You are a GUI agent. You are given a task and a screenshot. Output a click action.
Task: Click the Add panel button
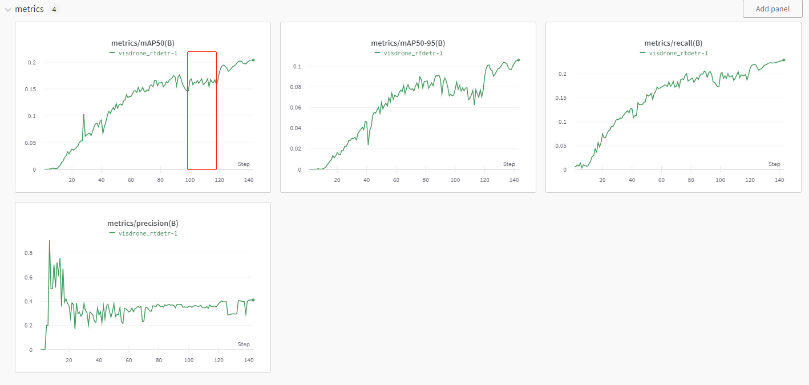pos(772,9)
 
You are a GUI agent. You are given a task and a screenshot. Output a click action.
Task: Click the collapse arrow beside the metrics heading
pos(8,10)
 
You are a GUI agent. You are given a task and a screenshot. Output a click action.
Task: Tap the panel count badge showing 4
pos(54,10)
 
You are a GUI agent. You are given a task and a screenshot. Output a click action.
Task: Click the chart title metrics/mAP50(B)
pos(143,43)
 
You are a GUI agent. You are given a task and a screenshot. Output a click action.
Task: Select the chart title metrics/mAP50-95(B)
pos(408,43)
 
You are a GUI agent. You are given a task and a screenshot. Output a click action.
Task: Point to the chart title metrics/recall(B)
pos(673,43)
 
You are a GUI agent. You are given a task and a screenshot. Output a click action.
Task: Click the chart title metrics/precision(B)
pos(143,224)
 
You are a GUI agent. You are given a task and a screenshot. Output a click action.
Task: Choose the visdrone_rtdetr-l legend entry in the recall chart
pos(678,53)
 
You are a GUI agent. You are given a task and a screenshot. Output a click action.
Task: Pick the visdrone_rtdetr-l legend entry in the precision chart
pos(148,233)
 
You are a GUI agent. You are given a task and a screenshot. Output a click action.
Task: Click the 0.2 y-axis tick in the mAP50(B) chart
pos(31,62)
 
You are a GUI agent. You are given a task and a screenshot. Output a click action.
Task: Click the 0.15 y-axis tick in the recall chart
pos(561,98)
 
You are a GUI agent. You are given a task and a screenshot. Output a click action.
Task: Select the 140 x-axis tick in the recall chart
pos(780,180)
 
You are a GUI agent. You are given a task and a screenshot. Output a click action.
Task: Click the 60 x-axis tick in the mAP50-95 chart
pos(396,180)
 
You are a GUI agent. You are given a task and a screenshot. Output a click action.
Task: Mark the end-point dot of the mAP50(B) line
pos(253,60)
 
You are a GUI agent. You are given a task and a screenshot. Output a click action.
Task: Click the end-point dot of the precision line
pos(253,300)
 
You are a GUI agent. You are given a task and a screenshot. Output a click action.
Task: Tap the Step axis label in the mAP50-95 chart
pos(509,164)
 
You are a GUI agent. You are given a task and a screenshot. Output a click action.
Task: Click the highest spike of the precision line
pos(50,241)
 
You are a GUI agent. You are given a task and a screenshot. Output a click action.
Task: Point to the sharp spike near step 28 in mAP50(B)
pos(84,115)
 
